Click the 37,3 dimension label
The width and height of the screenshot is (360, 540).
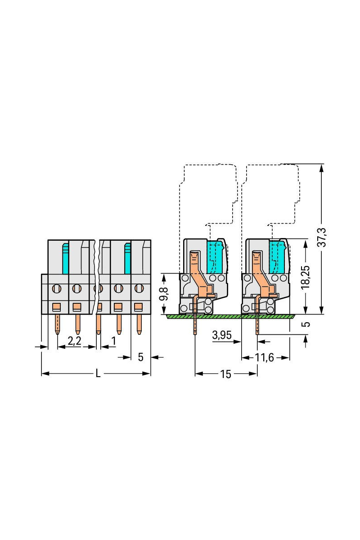[322, 237]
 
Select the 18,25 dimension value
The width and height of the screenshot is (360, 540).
[305, 277]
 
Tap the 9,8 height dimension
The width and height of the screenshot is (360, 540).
[164, 294]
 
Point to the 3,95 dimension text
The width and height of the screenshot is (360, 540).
[222, 335]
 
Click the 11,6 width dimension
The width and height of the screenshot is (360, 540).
[265, 357]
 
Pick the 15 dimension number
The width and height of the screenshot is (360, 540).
[226, 374]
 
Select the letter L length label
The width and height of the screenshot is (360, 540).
[98, 373]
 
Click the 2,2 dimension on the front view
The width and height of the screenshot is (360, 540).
[74, 341]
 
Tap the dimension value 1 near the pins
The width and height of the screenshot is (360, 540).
[113, 341]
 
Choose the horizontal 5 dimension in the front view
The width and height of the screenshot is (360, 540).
[140, 357]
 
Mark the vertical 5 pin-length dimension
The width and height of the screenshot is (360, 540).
[306, 324]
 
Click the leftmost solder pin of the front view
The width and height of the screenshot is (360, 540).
[57, 324]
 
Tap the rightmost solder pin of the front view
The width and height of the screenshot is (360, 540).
[139, 324]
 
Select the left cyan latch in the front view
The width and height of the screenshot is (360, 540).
[66, 259]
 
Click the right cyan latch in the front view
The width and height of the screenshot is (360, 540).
[127, 259]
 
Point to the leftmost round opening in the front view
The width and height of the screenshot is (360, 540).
[57, 288]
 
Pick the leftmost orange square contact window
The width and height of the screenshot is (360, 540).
[57, 307]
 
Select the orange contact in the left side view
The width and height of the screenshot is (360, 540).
[202, 284]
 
